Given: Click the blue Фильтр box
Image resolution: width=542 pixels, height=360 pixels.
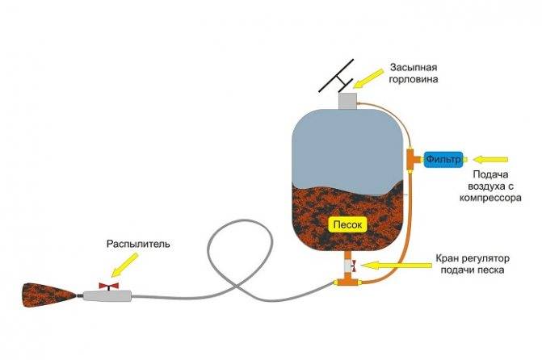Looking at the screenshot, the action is (x=443, y=159).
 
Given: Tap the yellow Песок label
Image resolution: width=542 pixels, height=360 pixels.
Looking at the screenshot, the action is (x=348, y=225).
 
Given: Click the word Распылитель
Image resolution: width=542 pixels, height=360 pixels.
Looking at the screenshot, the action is (x=138, y=244).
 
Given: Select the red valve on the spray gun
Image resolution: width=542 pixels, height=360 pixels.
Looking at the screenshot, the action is (x=109, y=287).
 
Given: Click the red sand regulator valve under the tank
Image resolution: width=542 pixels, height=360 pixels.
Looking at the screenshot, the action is (x=354, y=266).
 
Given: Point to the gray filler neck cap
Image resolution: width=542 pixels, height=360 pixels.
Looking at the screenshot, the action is (x=347, y=101).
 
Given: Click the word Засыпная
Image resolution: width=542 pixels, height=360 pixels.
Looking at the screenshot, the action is (x=414, y=67).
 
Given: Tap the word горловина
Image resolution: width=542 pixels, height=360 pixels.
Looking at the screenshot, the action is (x=414, y=79).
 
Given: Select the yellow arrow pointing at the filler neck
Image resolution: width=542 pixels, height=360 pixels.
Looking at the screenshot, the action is (x=368, y=78).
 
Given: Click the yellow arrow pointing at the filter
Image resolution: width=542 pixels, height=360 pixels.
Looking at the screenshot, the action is (x=490, y=160).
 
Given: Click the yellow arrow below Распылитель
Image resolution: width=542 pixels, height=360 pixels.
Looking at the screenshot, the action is (x=124, y=265).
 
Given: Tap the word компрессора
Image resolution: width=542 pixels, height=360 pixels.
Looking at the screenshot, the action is (x=490, y=199).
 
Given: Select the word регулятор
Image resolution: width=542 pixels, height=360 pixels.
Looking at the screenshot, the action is (x=487, y=258).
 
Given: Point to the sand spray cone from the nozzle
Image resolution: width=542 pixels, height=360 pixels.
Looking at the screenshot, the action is (x=49, y=295).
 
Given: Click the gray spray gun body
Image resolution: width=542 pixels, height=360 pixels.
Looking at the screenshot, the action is (x=107, y=295).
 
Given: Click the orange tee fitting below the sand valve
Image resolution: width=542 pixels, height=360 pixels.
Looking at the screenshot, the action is (x=348, y=281).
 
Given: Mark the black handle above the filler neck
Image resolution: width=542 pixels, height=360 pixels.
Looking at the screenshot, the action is (x=336, y=76).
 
